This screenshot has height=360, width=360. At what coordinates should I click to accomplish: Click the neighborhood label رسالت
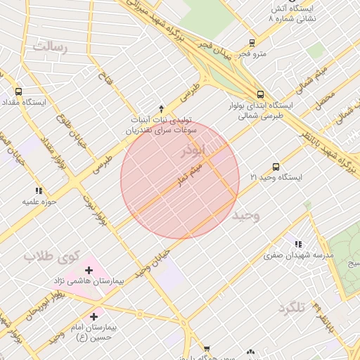click(x=50, y=46)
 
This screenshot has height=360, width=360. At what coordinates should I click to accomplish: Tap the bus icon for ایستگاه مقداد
click(x=18, y=91)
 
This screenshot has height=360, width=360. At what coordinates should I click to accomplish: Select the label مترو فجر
click(x=252, y=53)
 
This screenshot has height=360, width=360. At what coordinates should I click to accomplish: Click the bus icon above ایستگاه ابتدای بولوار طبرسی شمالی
click(x=260, y=94)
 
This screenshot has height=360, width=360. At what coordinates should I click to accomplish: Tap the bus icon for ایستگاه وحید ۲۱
click(x=276, y=167)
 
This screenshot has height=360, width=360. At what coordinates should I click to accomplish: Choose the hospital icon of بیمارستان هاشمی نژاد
click(x=89, y=270)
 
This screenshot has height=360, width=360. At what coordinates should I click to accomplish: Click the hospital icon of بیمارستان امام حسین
click(x=94, y=317)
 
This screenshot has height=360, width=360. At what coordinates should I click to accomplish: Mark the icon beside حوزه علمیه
click(x=39, y=190)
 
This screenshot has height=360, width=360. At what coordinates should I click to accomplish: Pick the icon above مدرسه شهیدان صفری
click(x=299, y=243)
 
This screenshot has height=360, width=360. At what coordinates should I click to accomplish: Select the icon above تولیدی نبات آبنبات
click(x=161, y=109)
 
